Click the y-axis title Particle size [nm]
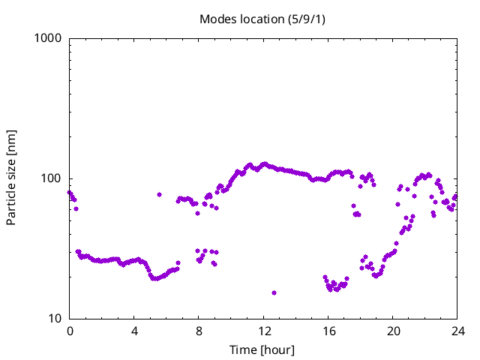[11, 178]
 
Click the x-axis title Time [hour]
[262, 350]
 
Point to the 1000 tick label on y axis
[49, 38]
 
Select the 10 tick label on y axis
[55, 319]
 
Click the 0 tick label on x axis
[70, 331]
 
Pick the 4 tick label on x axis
[134, 331]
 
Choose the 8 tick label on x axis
[199, 331]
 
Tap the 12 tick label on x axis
[263, 331]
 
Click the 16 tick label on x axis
[328, 331]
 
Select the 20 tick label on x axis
[392, 331]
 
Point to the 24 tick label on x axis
[457, 331]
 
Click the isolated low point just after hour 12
[274, 292]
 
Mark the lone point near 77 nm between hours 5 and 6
[159, 194]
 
